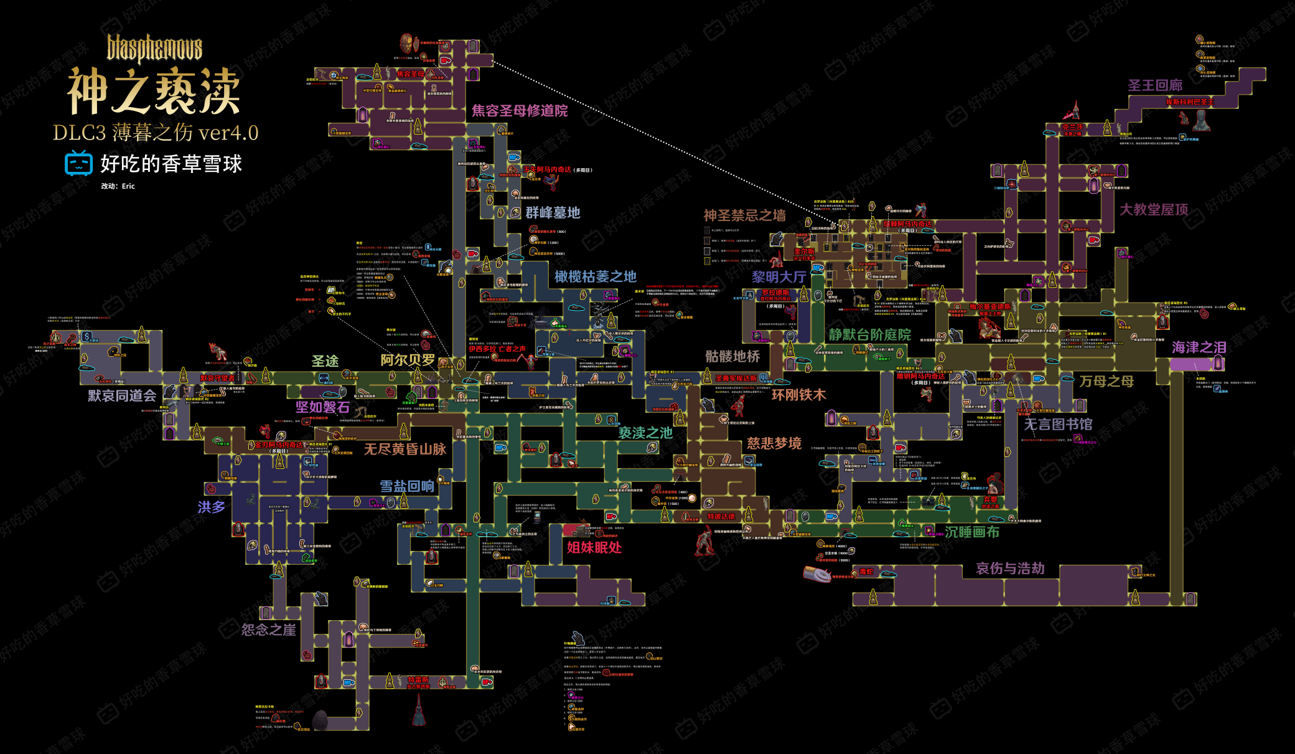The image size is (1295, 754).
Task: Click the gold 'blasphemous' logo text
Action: tap(154, 49)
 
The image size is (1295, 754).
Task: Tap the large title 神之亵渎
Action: tap(154, 92)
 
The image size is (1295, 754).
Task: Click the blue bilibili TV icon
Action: tap(78, 163)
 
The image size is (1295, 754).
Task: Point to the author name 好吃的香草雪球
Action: tap(171, 164)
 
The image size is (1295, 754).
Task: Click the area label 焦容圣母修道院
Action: tap(520, 111)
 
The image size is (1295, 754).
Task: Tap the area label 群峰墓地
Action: tap(553, 213)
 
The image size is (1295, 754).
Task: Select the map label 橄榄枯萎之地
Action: tap(596, 276)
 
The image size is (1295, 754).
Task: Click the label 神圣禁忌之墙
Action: tap(744, 215)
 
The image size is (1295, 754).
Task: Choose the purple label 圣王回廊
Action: tap(1155, 85)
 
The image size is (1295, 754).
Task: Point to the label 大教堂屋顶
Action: tap(1154, 210)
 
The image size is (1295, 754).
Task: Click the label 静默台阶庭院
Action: tap(869, 335)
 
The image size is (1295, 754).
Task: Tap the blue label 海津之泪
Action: tap(1199, 347)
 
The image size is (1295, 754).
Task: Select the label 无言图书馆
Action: tap(1058, 425)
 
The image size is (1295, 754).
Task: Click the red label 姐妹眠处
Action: tap(594, 547)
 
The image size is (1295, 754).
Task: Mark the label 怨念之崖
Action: tap(268, 630)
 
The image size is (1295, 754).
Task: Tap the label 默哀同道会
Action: tap(122, 396)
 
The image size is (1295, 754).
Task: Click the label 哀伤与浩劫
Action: tap(1010, 568)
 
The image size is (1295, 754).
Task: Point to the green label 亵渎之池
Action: tap(645, 433)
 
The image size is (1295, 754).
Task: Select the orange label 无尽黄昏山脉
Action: tap(404, 449)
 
